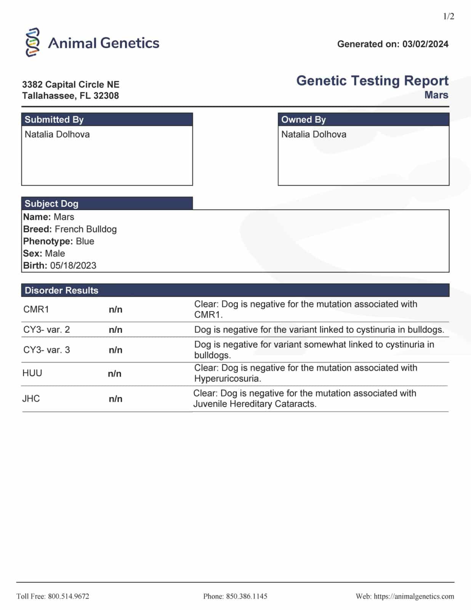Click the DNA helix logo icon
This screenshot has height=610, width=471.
pos(33,42)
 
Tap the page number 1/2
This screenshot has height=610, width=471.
pos(449,16)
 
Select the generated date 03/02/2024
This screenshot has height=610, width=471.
pos(425,44)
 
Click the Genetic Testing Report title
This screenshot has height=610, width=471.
pos(372,81)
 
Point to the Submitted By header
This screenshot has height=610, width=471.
pos(54,120)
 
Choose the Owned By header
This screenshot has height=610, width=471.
pos(304,120)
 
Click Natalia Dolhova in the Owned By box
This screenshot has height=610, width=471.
pos(314,135)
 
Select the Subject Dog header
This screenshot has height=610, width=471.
pos(51,204)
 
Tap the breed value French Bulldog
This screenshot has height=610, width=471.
pos(86,229)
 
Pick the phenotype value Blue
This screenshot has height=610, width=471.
pos(85,241)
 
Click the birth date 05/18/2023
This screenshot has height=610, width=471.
pos(73,266)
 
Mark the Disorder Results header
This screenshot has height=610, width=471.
pos(61,291)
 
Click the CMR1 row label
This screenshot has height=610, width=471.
pos(36,309)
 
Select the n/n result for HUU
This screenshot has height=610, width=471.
pos(115,374)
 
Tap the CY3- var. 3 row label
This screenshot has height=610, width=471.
pos(46,350)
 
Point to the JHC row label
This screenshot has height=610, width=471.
pos(31,399)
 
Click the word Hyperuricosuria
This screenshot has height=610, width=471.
pos(227,379)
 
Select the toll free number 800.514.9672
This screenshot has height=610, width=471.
pos(69,596)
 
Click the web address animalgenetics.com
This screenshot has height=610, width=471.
pos(414,596)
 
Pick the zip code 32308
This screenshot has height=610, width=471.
pos(106,96)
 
